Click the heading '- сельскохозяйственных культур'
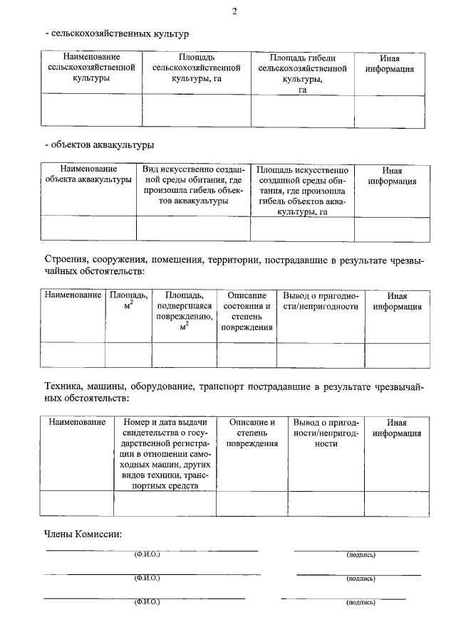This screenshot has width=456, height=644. (x=116, y=33)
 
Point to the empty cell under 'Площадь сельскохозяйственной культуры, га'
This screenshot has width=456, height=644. (x=197, y=111)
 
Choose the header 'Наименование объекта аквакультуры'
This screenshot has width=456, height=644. (x=88, y=175)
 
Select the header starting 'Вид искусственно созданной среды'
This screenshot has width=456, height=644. (x=193, y=186)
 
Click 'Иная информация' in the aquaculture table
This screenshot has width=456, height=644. (x=392, y=176)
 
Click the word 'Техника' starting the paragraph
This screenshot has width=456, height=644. (x=62, y=386)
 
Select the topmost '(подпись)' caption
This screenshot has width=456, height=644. (x=360, y=554)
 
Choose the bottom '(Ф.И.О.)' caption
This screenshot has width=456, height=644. (x=147, y=603)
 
